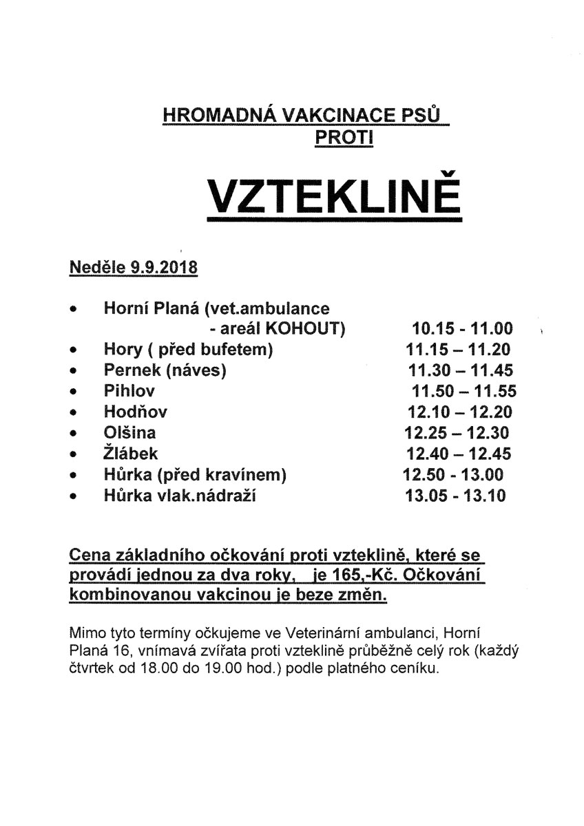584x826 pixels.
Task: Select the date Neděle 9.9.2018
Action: click(134, 267)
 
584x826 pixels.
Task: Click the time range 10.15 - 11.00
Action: click(463, 328)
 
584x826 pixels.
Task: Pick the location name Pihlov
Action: click(129, 391)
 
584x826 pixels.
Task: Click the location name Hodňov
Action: click(136, 412)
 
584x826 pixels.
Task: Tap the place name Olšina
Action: click(130, 433)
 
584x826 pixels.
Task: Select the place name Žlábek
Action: click(131, 454)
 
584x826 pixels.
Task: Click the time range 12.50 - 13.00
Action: click(453, 474)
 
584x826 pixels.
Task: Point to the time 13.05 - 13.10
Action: click(456, 496)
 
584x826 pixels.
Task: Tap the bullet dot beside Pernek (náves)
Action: click(74, 371)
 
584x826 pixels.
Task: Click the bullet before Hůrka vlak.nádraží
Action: click(74, 496)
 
